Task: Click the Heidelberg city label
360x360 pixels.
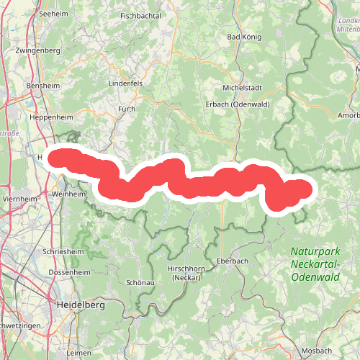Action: point(79,305)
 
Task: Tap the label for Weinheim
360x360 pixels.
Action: point(69,194)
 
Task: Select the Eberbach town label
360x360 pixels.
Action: point(231,261)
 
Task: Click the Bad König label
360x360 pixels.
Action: point(243,36)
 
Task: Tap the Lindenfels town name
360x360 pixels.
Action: point(126,84)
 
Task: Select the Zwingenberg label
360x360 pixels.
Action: point(40,51)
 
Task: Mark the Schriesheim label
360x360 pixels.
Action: point(63,252)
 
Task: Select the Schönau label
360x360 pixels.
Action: point(140,283)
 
